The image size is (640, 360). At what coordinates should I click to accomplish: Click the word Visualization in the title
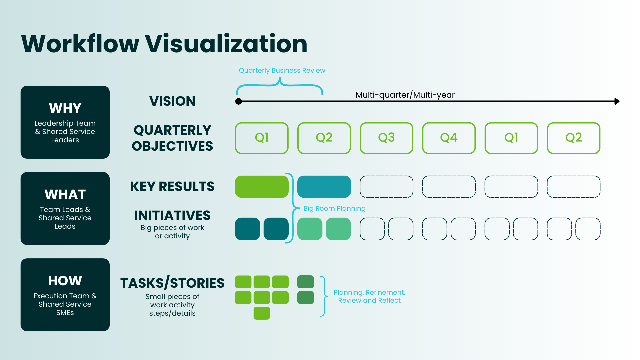point(226,44)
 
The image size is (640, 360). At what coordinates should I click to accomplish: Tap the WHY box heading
point(65,108)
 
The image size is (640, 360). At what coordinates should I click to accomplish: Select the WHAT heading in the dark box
point(65,194)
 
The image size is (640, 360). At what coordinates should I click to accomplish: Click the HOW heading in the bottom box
point(65,281)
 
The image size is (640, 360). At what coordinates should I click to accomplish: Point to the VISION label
point(172,101)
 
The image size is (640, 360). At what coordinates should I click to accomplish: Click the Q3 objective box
point(386,138)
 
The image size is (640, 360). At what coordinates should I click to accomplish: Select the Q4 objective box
point(449,138)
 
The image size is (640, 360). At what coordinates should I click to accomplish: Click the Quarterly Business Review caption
point(282,70)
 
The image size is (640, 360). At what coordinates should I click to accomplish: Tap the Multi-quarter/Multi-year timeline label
point(405,95)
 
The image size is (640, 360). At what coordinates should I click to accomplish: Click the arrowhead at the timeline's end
point(617,101)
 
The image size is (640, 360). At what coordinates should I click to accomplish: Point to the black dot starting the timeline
point(239,101)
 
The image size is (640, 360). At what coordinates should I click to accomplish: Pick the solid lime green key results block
point(262,187)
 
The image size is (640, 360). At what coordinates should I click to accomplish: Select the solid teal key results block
point(324,187)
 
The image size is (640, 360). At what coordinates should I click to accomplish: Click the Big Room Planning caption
point(334,208)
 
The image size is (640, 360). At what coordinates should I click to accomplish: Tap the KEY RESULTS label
point(172,186)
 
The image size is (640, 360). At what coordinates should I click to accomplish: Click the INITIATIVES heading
point(172,215)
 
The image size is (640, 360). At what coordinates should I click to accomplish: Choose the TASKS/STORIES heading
point(172,283)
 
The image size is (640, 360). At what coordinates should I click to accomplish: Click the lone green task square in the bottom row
point(262,313)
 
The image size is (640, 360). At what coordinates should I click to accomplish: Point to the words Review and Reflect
point(369,300)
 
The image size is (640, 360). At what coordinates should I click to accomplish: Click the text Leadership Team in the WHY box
point(65,123)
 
